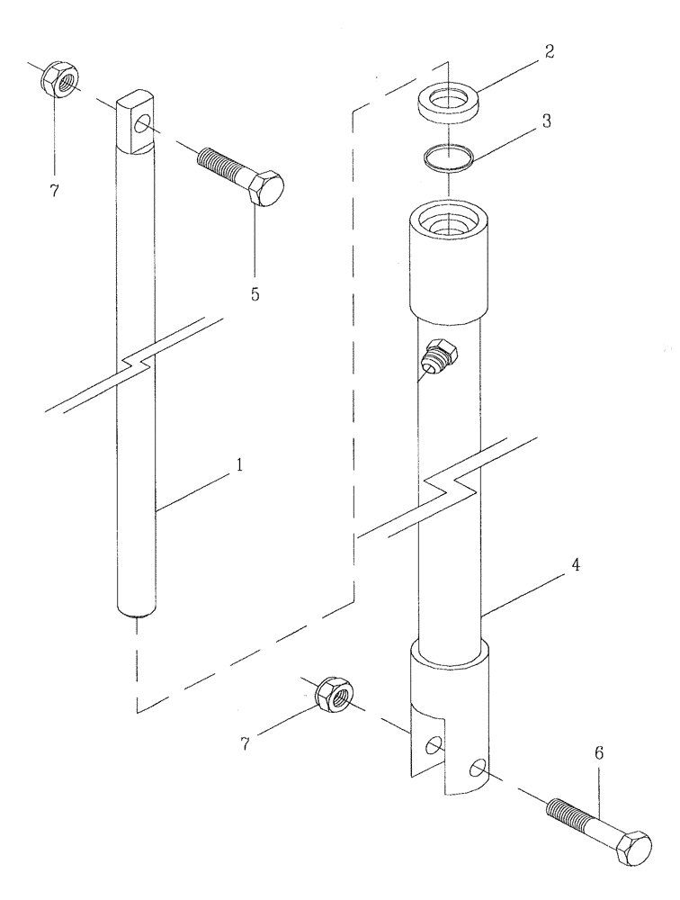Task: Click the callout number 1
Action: click(239, 465)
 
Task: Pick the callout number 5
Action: click(255, 294)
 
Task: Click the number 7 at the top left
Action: click(53, 191)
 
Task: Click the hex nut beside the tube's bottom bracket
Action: click(335, 693)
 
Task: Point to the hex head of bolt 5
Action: click(265, 190)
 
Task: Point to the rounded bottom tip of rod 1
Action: click(138, 612)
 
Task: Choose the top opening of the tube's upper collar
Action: click(447, 220)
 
